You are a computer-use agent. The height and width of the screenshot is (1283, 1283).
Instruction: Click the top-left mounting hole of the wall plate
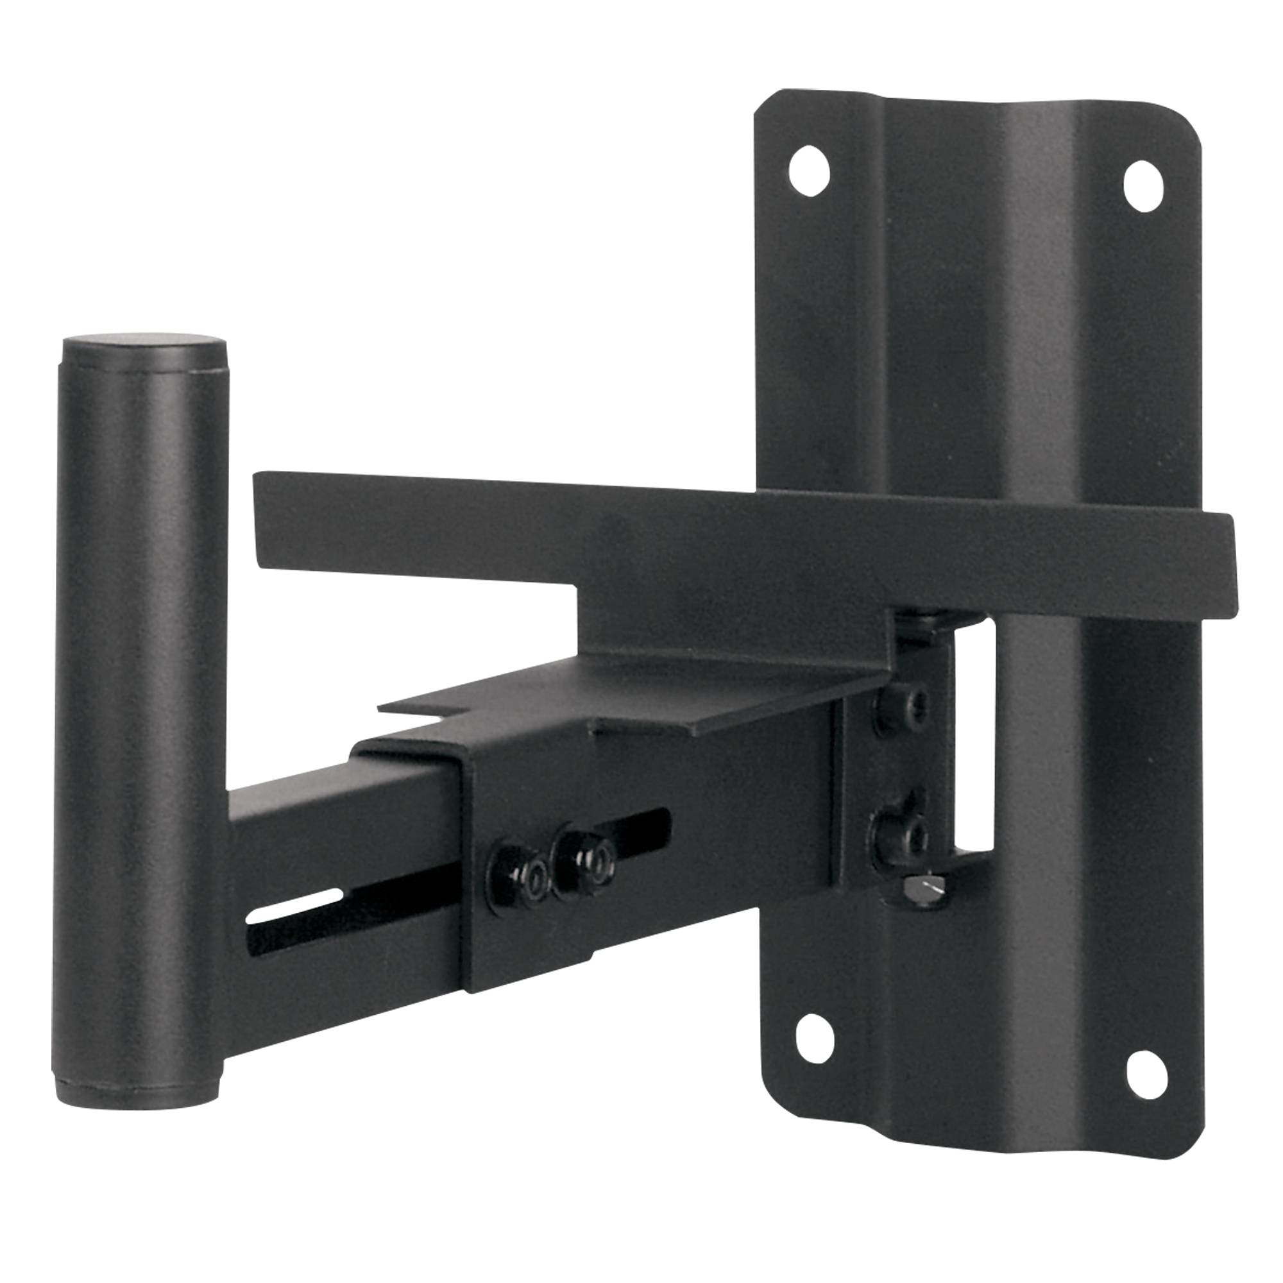809,171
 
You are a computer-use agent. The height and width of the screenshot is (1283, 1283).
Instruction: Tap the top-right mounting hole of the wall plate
1144,186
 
